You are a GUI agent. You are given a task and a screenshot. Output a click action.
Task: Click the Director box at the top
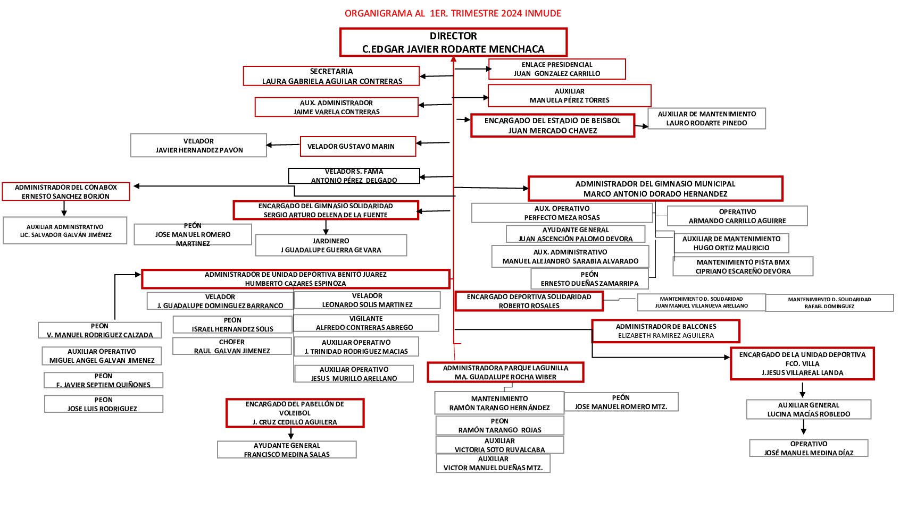(453, 42)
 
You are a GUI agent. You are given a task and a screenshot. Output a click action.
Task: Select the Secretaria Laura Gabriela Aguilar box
(331, 76)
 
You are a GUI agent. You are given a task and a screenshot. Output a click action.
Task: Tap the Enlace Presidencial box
(556, 69)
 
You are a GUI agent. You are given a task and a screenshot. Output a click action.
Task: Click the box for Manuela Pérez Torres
(569, 96)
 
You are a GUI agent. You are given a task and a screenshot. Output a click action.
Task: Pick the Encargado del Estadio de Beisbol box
(552, 126)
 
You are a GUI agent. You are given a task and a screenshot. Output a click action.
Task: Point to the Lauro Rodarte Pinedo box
(706, 118)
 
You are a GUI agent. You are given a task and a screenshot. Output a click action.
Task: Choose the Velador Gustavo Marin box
(357, 146)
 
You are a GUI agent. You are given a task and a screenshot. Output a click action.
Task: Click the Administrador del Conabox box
(66, 192)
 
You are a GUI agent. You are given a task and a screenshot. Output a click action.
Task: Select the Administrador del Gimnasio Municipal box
(655, 189)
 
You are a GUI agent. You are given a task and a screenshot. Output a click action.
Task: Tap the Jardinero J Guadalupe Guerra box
(331, 245)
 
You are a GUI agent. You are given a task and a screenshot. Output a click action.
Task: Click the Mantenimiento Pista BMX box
(743, 267)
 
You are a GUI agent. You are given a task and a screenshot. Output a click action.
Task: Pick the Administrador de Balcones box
(665, 331)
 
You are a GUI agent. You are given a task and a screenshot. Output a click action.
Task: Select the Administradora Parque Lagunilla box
(505, 372)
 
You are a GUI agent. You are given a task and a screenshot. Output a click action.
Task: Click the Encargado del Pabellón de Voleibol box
(295, 413)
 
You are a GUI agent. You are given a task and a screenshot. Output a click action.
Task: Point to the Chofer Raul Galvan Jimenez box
(232, 346)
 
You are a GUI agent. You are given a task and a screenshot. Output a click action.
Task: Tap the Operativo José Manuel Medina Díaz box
(809, 448)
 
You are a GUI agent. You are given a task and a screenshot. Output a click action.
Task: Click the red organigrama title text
(453, 13)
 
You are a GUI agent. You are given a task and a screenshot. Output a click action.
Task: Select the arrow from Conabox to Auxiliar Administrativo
(64, 209)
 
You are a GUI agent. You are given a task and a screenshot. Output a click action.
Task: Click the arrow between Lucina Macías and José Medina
(803, 428)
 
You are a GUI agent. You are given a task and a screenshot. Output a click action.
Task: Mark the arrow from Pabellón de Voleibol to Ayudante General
(290, 433)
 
